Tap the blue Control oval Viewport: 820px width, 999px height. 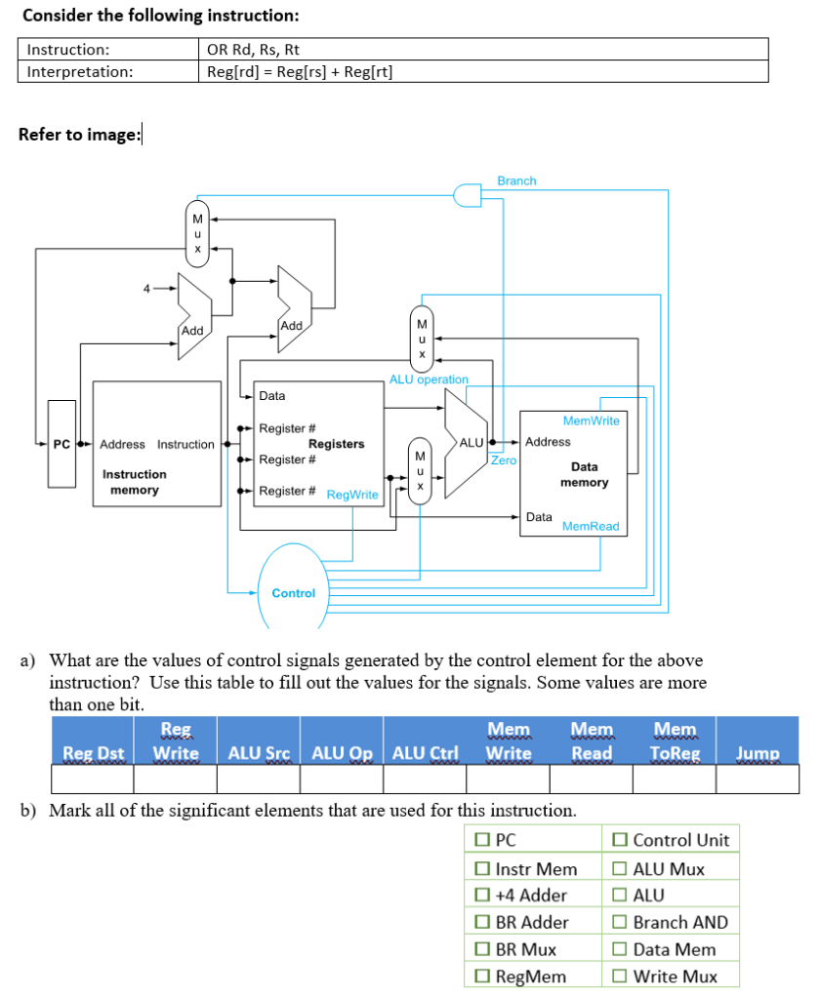294,592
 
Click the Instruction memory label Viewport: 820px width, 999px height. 135,482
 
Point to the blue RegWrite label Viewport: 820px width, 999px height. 352,495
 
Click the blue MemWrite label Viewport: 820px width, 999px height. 592,420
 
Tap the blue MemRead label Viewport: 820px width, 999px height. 591,527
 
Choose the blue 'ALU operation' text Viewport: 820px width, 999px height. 429,379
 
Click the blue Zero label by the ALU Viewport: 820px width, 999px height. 504,460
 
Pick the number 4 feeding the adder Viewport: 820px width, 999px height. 147,289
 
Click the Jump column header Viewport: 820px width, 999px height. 758,753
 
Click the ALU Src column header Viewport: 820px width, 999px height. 258,753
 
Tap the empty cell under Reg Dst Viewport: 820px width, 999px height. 92,779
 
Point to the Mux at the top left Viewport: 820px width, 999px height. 198,234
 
